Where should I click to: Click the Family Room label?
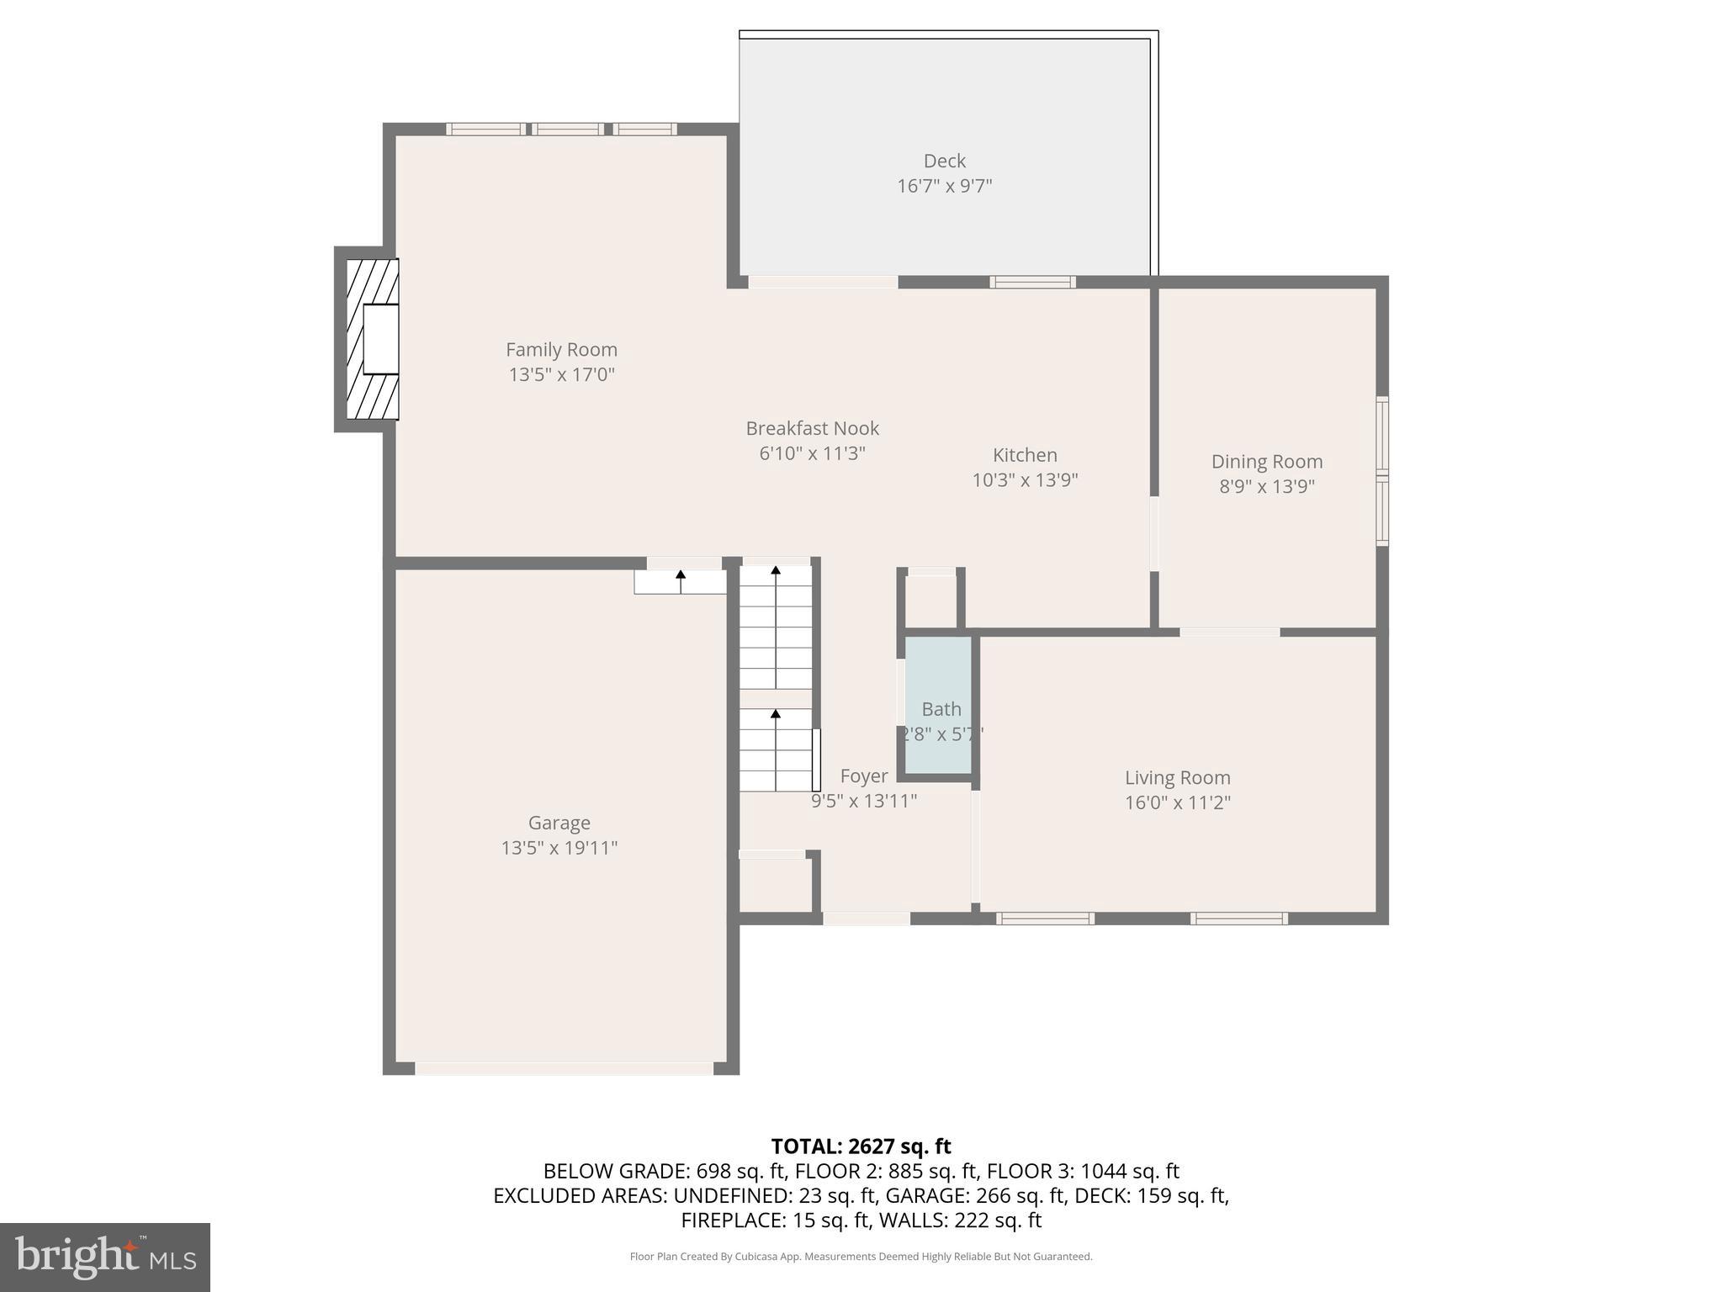click(x=561, y=349)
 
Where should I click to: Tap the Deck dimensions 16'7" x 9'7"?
click(x=944, y=186)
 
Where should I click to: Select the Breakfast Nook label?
click(x=812, y=428)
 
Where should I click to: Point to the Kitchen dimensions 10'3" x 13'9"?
click(x=1025, y=480)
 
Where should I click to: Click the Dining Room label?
click(x=1266, y=461)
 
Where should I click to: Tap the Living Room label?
click(x=1177, y=777)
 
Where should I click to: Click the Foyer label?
click(x=863, y=776)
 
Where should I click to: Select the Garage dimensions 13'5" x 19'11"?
click(x=559, y=847)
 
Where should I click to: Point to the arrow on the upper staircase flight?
click(x=776, y=571)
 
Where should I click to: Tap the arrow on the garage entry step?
click(x=681, y=576)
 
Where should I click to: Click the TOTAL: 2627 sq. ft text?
click(x=861, y=1146)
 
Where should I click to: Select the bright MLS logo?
click(x=105, y=1257)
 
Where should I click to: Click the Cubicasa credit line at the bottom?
click(x=861, y=1257)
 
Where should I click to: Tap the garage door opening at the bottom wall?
click(x=564, y=1068)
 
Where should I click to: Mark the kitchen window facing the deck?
click(x=1032, y=282)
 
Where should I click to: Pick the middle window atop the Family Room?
click(x=567, y=129)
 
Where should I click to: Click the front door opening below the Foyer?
click(x=866, y=919)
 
